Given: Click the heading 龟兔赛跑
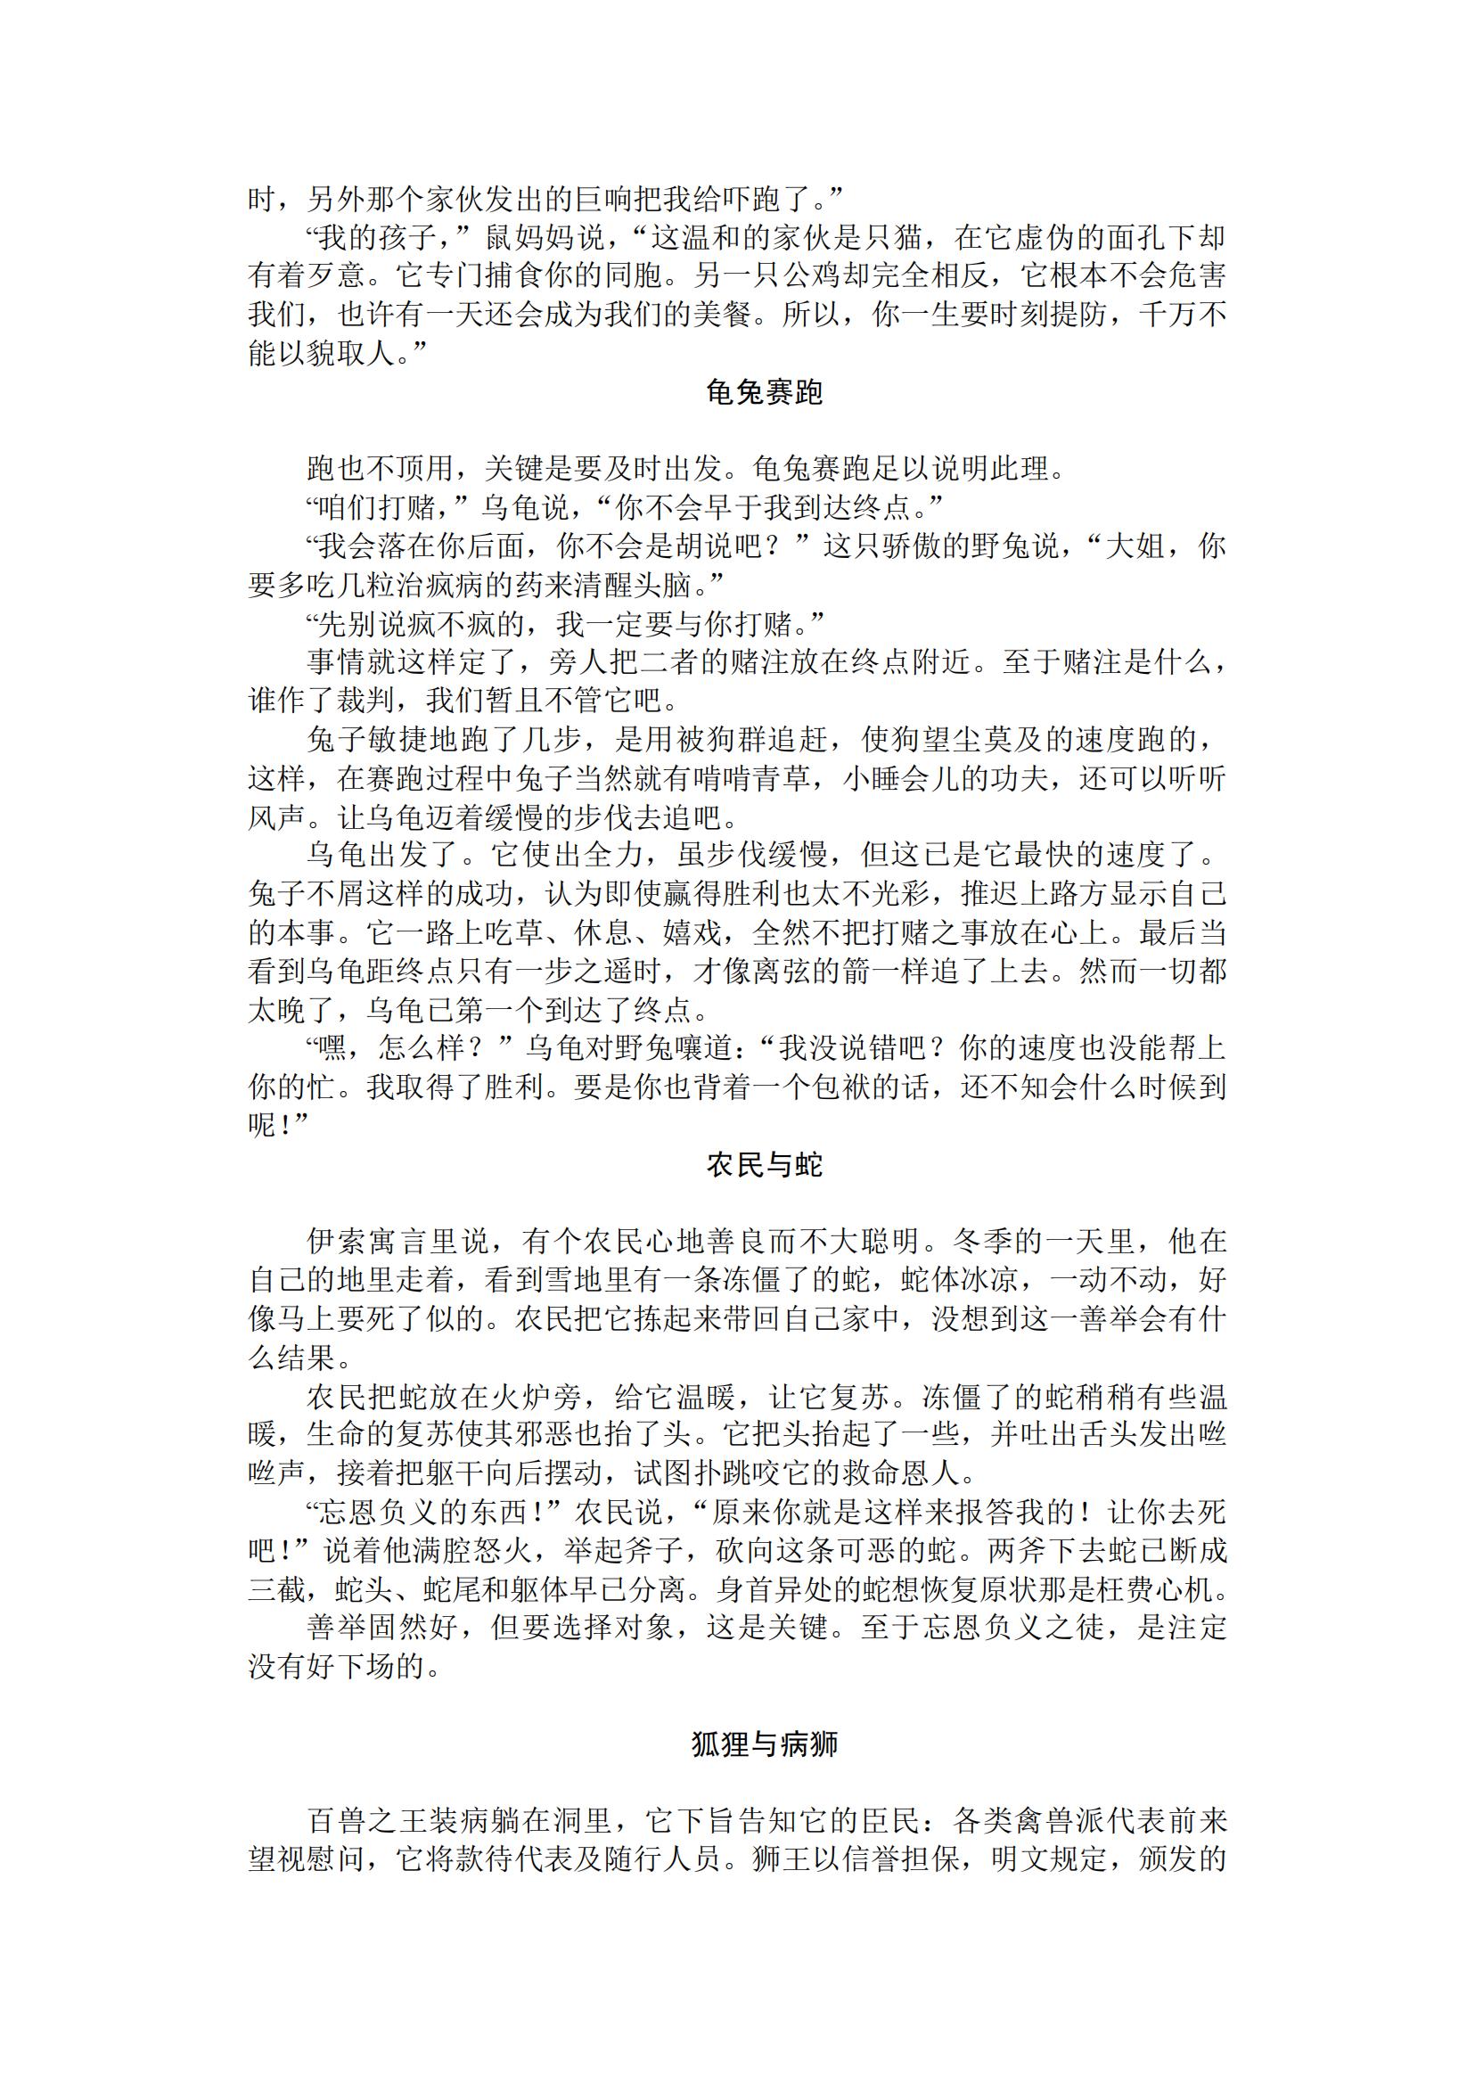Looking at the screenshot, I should pyautogui.click(x=764, y=392).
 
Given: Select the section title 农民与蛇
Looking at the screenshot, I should pyautogui.click(x=764, y=1165).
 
